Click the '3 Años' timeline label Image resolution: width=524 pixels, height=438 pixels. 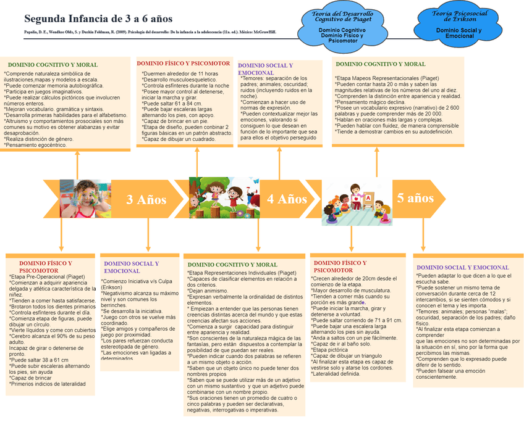tap(146, 199)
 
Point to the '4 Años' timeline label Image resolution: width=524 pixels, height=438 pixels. tap(287, 199)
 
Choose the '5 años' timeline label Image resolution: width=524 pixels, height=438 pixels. tap(415, 197)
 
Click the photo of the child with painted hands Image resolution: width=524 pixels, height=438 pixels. tap(77, 199)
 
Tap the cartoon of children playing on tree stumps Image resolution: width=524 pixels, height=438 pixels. tap(224, 198)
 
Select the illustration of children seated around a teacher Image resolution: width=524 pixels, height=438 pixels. tap(357, 202)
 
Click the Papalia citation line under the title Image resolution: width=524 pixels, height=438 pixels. tap(141, 32)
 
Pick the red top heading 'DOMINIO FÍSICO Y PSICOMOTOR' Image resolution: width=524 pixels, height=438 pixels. tap(183, 63)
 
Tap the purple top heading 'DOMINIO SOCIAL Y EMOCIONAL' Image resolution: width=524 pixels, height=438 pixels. tap(265, 68)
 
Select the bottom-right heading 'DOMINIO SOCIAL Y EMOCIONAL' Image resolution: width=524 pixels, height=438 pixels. tap(463, 267)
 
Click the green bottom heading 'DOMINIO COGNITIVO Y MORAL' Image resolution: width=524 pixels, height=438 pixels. tap(232, 265)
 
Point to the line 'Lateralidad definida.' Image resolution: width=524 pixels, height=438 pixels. tap(337, 373)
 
